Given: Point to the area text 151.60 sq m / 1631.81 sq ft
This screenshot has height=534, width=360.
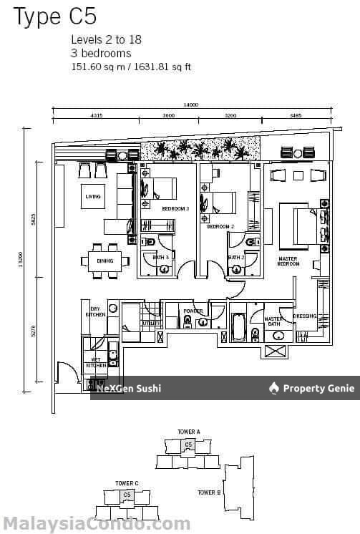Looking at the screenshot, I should tap(131, 67).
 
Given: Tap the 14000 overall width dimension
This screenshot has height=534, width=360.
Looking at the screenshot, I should tap(190, 105).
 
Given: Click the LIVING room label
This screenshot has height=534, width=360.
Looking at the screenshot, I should tap(93, 196).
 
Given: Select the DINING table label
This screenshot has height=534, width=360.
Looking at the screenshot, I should tap(104, 261).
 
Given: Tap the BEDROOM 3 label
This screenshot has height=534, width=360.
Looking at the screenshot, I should tap(175, 208).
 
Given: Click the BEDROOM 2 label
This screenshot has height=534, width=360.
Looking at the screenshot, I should tap(220, 226).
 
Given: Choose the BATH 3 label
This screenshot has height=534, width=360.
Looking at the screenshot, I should tap(162, 257).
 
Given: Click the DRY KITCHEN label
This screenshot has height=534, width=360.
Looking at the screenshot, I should tap(95, 311).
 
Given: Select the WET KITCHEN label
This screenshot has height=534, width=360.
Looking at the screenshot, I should tap(96, 362).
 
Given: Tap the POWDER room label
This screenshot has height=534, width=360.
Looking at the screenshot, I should tap(193, 311).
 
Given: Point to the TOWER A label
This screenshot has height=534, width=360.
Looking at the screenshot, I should tap(188, 432).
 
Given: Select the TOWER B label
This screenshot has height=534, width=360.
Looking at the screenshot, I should tap(208, 492).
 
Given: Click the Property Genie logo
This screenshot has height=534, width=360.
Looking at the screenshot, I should tap(311, 389).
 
